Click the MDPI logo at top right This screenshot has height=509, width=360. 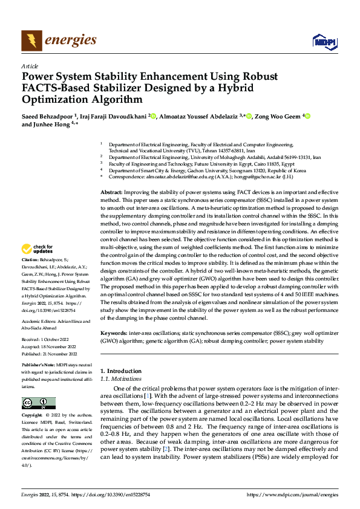[x=324, y=41]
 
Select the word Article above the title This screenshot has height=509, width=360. [x=30, y=66]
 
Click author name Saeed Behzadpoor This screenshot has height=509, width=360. [x=47, y=116]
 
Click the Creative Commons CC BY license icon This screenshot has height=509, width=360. [x=39, y=403]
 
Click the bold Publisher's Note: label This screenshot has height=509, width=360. [x=38, y=366]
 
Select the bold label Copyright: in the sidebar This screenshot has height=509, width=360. [x=33, y=416]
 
